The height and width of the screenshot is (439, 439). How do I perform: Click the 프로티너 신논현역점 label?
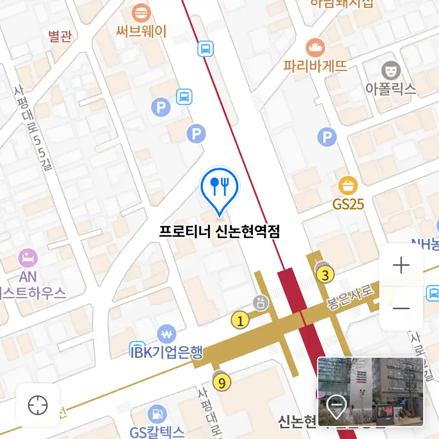tap(219, 232)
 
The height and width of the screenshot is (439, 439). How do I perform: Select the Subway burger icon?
tap(141, 13)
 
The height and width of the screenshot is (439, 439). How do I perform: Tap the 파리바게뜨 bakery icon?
tap(315, 48)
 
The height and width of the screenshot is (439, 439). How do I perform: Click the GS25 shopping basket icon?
tap(348, 186)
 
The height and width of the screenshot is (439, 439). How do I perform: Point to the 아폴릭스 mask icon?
tap(391, 71)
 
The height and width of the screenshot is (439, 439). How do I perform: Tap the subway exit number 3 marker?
tap(325, 275)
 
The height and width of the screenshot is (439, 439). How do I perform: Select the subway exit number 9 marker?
tap(222, 382)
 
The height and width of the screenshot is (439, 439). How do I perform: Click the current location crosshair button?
tap(38, 405)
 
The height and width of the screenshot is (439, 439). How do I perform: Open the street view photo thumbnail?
tap(370, 391)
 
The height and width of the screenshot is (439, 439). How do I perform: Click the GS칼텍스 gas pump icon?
tap(157, 414)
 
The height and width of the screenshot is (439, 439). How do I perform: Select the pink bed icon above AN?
tap(28, 258)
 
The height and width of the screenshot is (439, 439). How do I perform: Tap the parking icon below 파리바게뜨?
tap(327, 137)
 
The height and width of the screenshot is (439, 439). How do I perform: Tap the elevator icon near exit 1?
tap(261, 303)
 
